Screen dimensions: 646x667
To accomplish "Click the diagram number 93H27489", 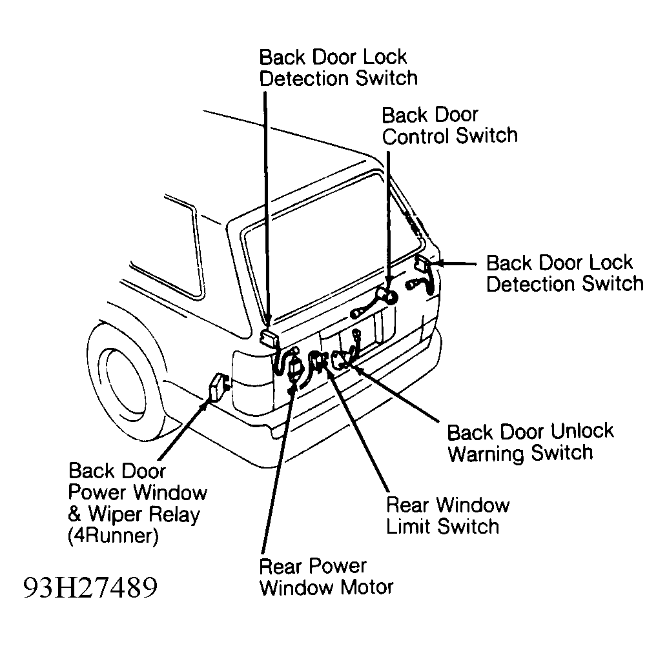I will pyautogui.click(x=90, y=588).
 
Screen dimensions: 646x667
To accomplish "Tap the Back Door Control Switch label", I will pyautogui.click(x=449, y=125).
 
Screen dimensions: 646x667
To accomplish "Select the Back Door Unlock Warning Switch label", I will pyautogui.click(x=529, y=442).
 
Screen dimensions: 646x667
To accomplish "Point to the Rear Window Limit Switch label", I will pyautogui.click(x=447, y=515).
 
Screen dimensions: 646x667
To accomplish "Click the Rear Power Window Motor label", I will pyautogui.click(x=325, y=577).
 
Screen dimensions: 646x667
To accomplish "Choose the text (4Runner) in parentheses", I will pyautogui.click(x=113, y=537).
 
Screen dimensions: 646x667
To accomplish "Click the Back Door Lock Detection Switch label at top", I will pyautogui.click(x=338, y=67).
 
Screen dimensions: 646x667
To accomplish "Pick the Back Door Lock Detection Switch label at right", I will pyautogui.click(x=564, y=273).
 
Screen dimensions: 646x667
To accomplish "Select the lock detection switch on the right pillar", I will pyautogui.click(x=423, y=265).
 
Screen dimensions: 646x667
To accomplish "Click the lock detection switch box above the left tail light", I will pyautogui.click(x=268, y=338).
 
